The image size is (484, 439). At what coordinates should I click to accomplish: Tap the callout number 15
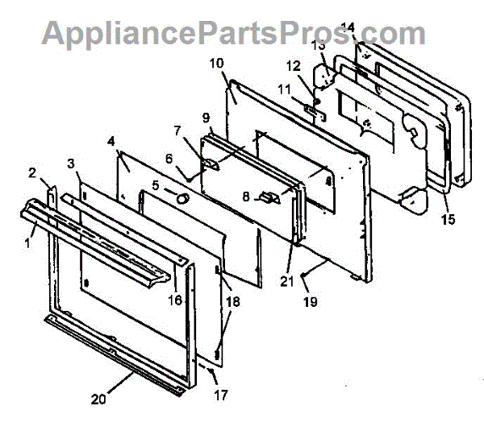448,218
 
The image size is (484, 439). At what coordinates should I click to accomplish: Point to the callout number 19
310,302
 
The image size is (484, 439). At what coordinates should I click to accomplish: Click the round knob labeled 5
183,197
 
